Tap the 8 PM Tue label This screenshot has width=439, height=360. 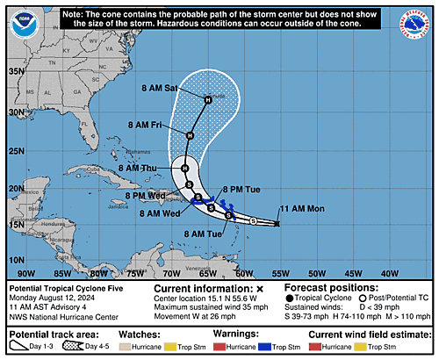[x=240, y=188]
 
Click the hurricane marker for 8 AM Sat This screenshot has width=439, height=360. [x=208, y=100]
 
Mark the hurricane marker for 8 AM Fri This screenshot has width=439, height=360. [x=191, y=135]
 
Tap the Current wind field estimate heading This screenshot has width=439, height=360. [x=368, y=335]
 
